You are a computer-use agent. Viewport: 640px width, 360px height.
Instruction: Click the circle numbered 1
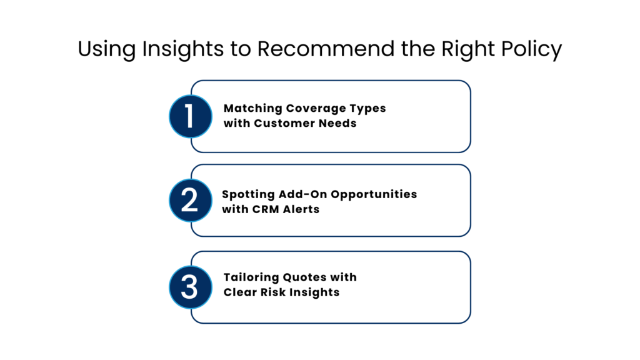click(x=191, y=116)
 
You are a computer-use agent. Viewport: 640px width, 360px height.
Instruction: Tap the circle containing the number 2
click(x=191, y=201)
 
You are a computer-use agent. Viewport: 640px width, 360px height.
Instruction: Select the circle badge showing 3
click(x=191, y=287)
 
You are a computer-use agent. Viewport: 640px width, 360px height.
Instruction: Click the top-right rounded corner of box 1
click(x=466, y=84)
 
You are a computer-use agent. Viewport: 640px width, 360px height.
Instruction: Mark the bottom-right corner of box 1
click(x=466, y=148)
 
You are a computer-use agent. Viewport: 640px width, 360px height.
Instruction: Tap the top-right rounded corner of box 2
click(x=466, y=168)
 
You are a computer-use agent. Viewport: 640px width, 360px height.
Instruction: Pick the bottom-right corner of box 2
click(x=466, y=232)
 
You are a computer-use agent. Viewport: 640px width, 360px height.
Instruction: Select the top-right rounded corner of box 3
click(x=466, y=255)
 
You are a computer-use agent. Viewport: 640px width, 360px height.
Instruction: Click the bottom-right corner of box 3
click(x=466, y=319)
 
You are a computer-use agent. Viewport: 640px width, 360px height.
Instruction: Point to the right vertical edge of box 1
click(x=470, y=116)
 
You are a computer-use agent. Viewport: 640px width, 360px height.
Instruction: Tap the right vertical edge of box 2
click(x=470, y=201)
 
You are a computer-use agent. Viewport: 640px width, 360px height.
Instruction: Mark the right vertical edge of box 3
click(x=470, y=287)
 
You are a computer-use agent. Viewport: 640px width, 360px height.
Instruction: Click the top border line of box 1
click(x=331, y=81)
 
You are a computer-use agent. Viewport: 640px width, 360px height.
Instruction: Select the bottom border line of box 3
click(x=331, y=322)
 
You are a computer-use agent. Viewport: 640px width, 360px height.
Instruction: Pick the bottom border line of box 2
click(x=331, y=236)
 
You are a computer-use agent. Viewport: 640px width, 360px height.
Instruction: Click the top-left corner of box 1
click(x=194, y=84)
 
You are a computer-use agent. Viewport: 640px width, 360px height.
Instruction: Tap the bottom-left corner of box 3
click(x=194, y=319)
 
